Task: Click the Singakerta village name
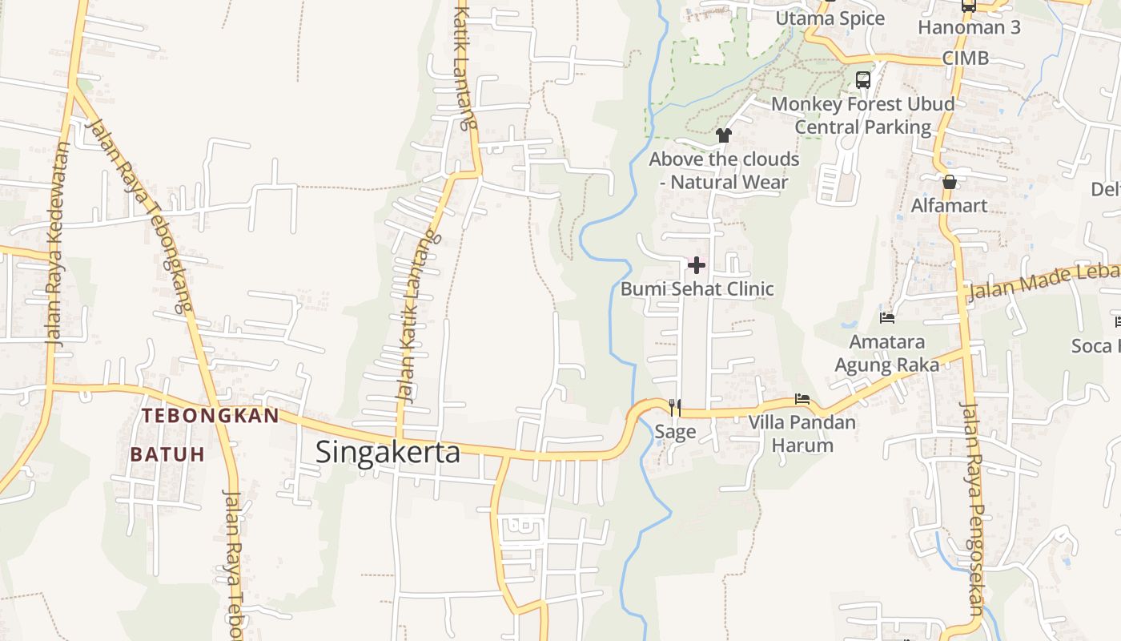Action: [x=388, y=452]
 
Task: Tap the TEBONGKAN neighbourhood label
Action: [x=211, y=415]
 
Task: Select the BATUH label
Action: [x=167, y=454]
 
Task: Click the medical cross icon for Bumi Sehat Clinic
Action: [x=697, y=265]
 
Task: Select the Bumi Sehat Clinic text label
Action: [x=697, y=288]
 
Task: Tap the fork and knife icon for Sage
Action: [x=675, y=409]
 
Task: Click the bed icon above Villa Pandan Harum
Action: [x=802, y=399]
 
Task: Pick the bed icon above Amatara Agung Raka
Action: [x=887, y=318]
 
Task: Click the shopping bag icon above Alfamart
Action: [x=950, y=183]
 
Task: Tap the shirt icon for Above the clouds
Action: [x=724, y=135]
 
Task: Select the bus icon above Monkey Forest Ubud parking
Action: [x=863, y=80]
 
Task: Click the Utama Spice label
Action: [x=830, y=18]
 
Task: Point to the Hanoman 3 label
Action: [x=969, y=27]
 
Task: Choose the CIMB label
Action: [x=965, y=58]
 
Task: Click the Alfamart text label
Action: [x=950, y=206]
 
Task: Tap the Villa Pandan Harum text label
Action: [x=802, y=433]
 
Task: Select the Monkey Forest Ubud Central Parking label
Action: [x=863, y=115]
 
